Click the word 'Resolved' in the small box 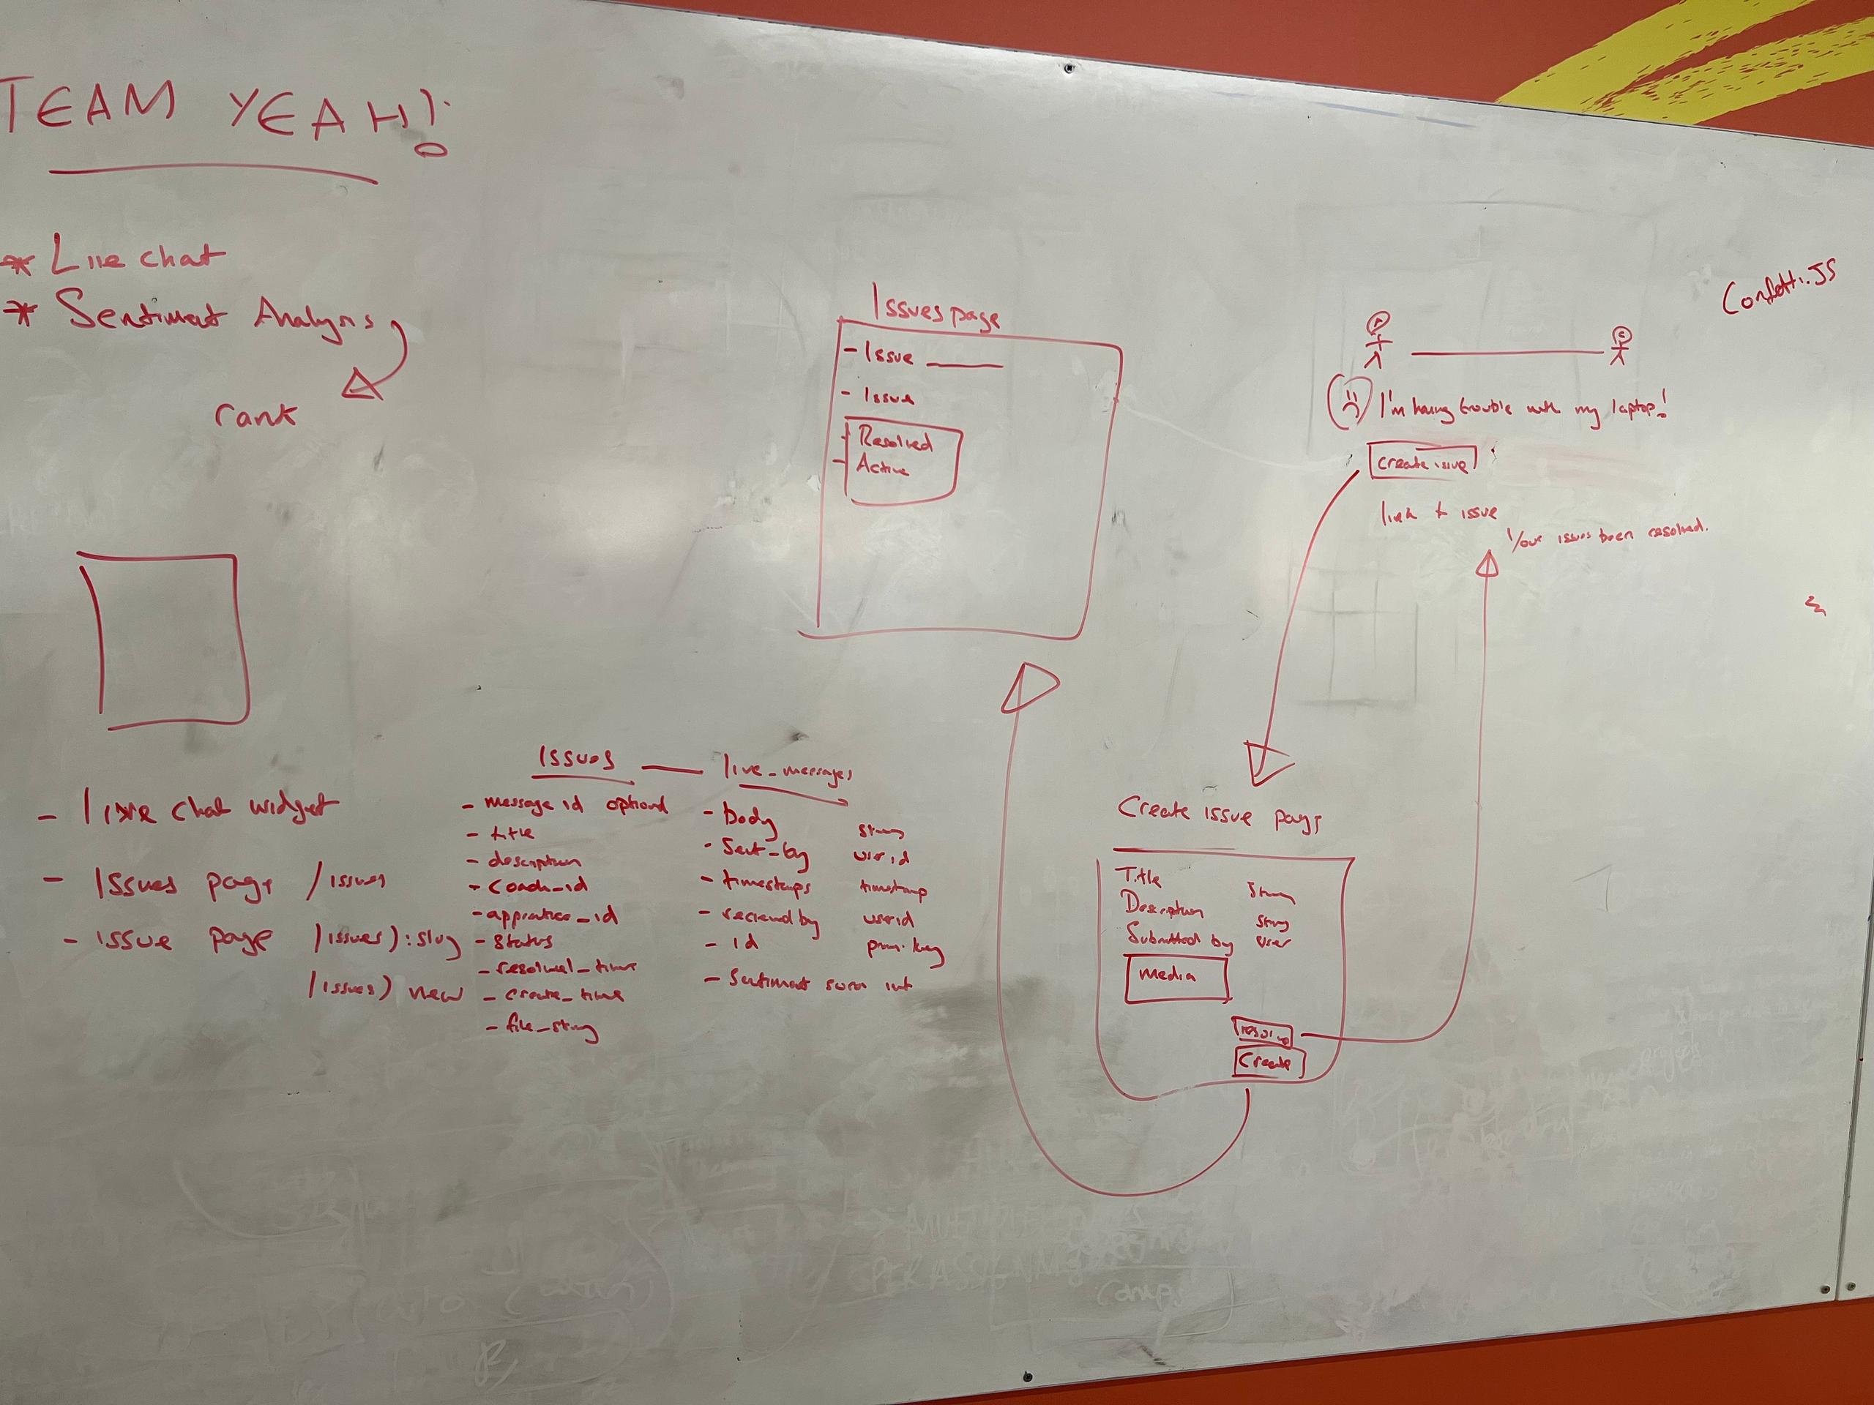click(896, 441)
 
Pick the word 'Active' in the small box click(883, 467)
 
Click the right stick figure click(1621, 345)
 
